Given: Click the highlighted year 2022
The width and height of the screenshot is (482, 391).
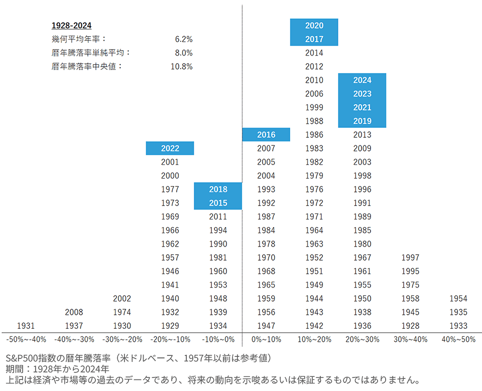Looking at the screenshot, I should pyautogui.click(x=170, y=148).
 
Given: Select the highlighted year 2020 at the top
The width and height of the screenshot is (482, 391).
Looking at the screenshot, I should pyautogui.click(x=314, y=26).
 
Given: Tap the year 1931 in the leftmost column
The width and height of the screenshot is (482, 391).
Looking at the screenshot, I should pyautogui.click(x=26, y=326).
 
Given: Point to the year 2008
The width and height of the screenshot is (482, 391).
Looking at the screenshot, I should pyautogui.click(x=74, y=312).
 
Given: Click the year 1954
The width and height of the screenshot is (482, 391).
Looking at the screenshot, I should pyautogui.click(x=458, y=299).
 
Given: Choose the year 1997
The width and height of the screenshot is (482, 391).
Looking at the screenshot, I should pyautogui.click(x=410, y=258).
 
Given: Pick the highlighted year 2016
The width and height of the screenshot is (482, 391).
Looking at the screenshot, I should pyautogui.click(x=266, y=135).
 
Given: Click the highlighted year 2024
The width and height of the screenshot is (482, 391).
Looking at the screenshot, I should pyautogui.click(x=363, y=80).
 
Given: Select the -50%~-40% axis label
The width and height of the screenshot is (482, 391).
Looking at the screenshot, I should pyautogui.click(x=26, y=339).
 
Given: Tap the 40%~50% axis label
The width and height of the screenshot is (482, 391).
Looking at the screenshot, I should pyautogui.click(x=458, y=339).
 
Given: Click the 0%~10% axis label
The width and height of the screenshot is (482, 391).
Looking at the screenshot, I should pyautogui.click(x=266, y=339).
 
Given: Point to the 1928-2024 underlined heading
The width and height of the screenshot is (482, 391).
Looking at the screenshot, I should pyautogui.click(x=71, y=26).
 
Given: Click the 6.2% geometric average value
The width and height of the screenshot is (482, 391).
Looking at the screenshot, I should pyautogui.click(x=184, y=39).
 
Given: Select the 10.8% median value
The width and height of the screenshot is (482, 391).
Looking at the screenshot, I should pyautogui.click(x=182, y=66).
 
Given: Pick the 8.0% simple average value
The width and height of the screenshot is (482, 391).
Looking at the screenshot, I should pyautogui.click(x=184, y=53).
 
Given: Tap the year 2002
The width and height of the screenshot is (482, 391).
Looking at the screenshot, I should pyautogui.click(x=122, y=299).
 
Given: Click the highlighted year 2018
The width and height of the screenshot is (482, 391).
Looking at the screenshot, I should pyautogui.click(x=218, y=189).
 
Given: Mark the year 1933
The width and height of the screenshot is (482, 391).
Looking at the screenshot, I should pyautogui.click(x=458, y=326).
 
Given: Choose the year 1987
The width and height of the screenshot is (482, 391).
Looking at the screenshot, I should pyautogui.click(x=266, y=217).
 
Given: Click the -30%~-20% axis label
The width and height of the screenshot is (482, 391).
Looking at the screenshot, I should pyautogui.click(x=122, y=339).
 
